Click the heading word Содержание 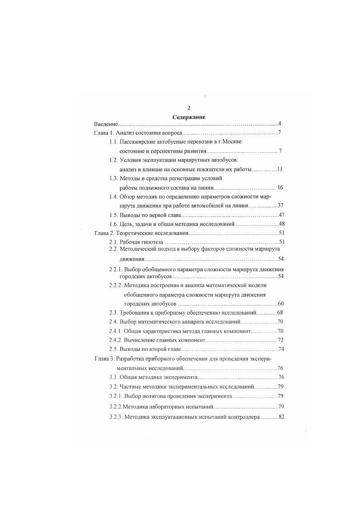coord(189,117)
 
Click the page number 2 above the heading coord(189,108)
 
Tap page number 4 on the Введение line coord(280,124)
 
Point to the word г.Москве coord(230,142)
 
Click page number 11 coord(280,169)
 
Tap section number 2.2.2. coord(117,285)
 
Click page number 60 coord(280,303)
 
